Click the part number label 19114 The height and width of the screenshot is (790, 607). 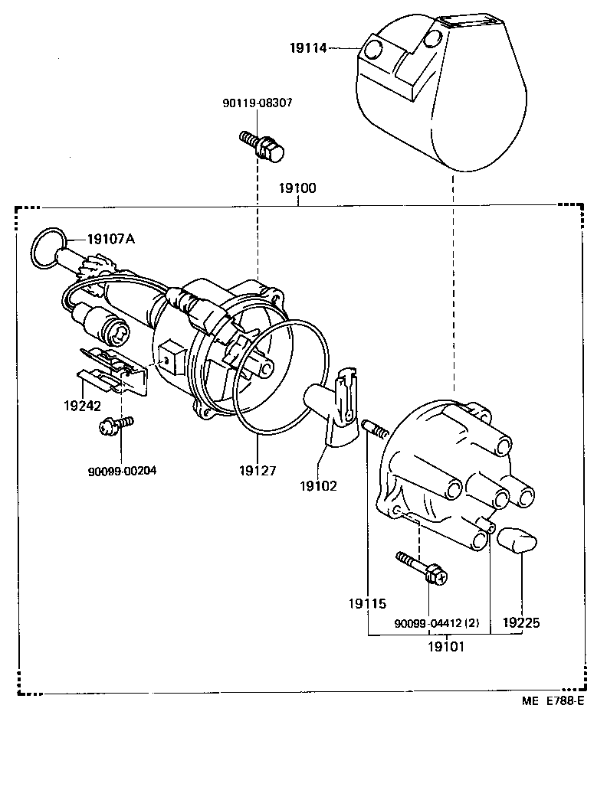[308, 48]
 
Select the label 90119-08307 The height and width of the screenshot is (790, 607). [258, 103]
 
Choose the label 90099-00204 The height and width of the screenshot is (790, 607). [122, 471]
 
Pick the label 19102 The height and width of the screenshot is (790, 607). [320, 485]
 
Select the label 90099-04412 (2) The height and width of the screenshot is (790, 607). [437, 623]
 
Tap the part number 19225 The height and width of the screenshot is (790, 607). [521, 623]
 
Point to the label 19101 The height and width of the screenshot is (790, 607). [447, 646]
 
